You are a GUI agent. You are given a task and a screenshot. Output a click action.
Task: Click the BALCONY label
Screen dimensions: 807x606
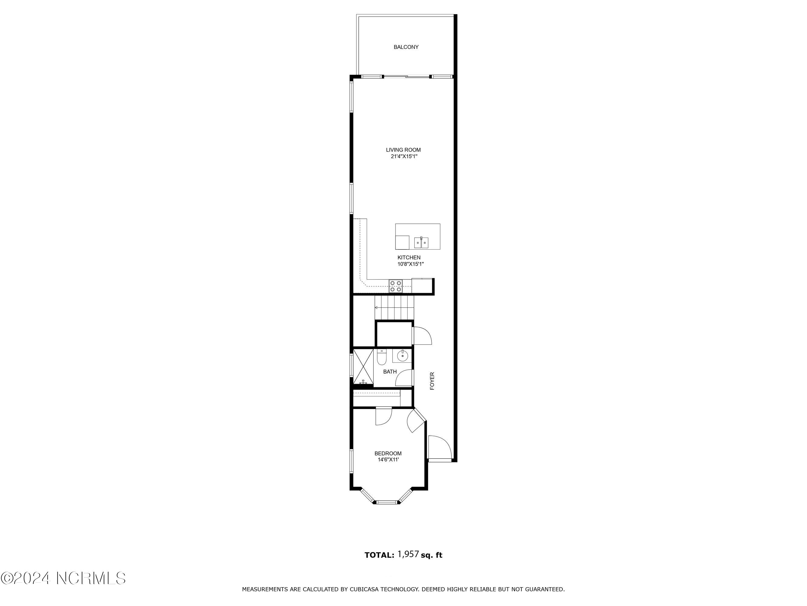(406, 47)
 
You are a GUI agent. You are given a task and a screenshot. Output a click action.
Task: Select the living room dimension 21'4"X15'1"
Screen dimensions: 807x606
(404, 156)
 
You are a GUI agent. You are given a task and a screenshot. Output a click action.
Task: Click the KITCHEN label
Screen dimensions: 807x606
(409, 258)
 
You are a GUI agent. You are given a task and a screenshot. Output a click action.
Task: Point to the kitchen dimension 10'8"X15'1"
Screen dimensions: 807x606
(410, 264)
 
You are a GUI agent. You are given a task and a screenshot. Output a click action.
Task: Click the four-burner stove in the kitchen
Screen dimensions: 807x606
(395, 286)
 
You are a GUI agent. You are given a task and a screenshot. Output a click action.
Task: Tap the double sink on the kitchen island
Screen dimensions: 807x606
(422, 242)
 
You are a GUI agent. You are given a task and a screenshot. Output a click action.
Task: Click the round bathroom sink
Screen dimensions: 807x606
(402, 355)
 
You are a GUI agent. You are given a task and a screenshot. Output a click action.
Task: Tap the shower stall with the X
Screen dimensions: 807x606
(363, 367)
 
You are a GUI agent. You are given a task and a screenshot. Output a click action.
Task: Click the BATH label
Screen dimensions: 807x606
(390, 372)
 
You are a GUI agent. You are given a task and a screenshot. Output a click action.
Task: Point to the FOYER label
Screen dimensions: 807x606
(432, 381)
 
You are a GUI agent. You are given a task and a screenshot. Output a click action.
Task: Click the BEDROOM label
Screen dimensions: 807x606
(388, 453)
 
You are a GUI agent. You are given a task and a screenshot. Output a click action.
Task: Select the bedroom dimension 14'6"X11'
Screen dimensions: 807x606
(388, 460)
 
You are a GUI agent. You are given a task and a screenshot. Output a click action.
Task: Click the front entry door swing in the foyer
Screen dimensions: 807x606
(440, 448)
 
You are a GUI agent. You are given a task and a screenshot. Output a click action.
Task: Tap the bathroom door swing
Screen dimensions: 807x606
(404, 378)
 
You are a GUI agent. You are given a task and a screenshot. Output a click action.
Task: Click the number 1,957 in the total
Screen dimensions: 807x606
(408, 554)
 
